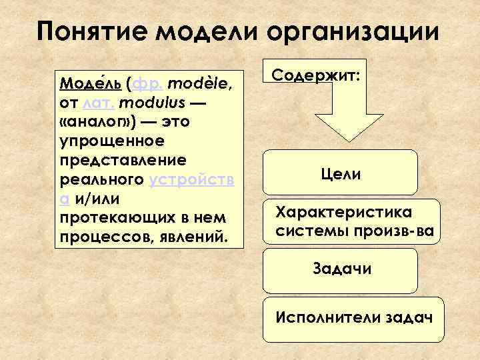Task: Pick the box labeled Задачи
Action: click(x=342, y=269)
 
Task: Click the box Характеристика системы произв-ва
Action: click(x=355, y=222)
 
